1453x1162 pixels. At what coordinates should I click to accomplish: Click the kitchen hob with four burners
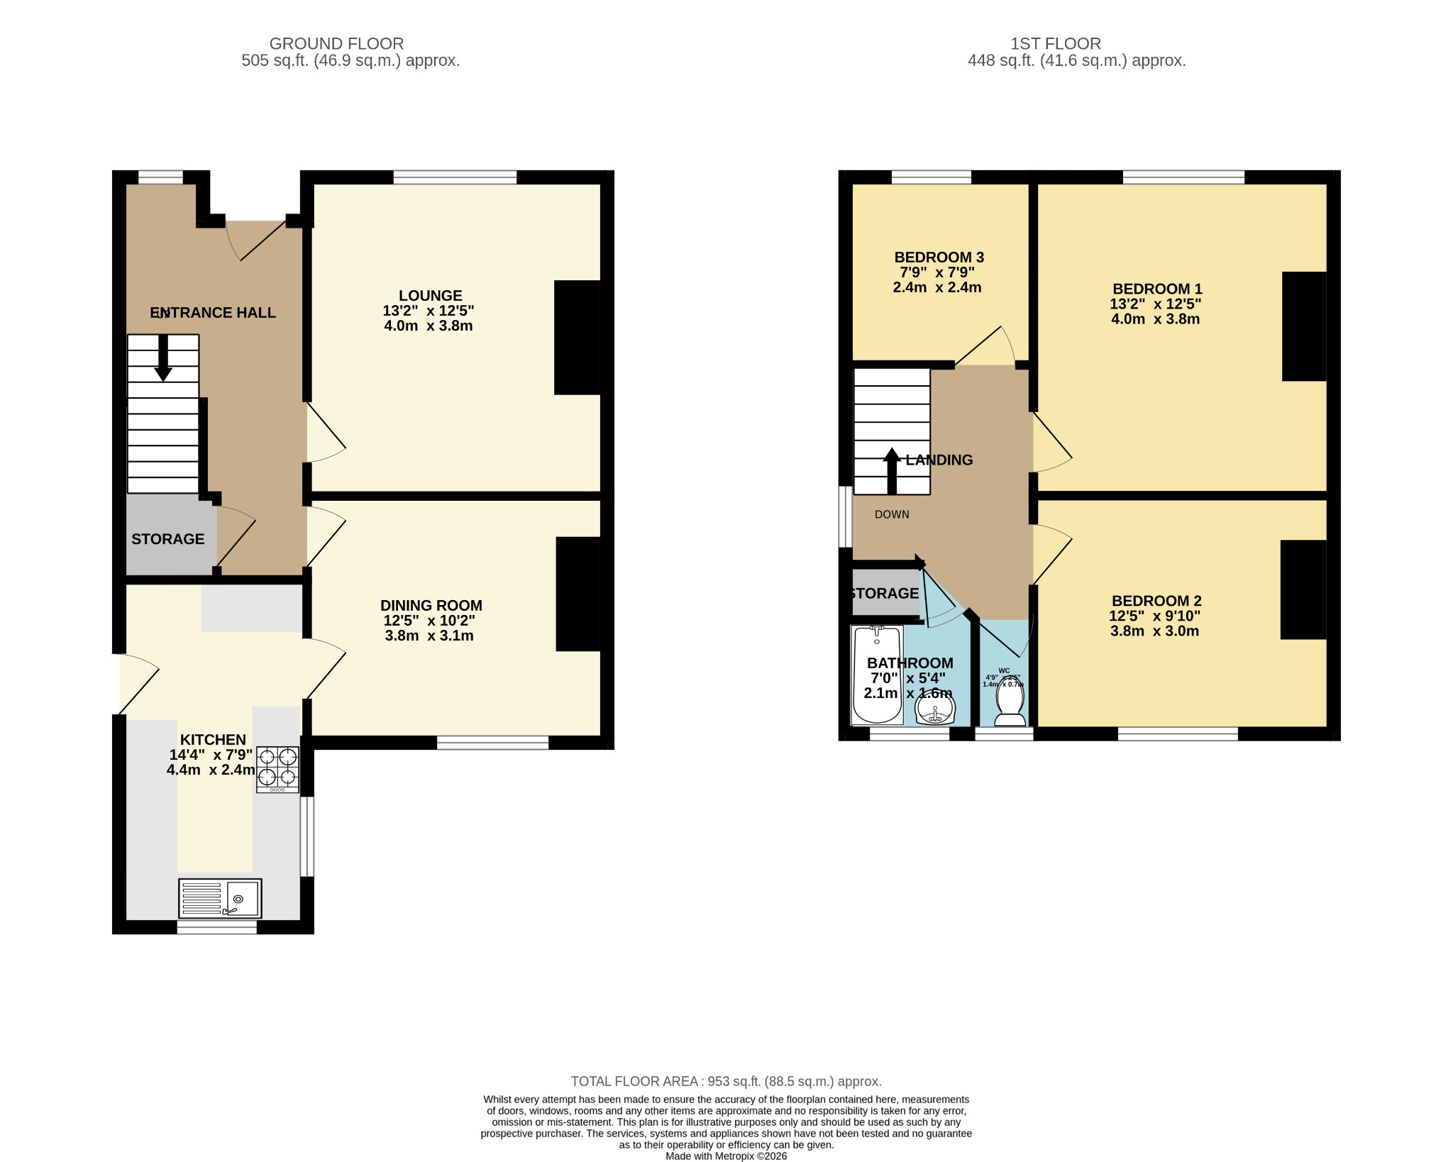pos(277,769)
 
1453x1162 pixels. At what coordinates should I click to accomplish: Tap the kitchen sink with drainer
pos(220,898)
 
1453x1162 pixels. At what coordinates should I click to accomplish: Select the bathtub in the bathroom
pos(877,675)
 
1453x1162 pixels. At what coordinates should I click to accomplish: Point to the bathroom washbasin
pos(936,708)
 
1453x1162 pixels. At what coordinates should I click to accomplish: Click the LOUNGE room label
pos(430,296)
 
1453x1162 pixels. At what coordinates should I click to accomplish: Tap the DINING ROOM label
pos(431,605)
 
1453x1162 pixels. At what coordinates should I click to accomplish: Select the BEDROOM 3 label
pos(939,258)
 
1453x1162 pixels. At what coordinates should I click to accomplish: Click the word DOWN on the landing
pos(892,514)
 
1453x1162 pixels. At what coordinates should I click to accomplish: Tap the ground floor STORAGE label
pos(168,539)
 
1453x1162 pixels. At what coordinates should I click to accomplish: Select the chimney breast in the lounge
pos(578,338)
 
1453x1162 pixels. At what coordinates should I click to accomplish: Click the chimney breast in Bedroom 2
pos(1303,590)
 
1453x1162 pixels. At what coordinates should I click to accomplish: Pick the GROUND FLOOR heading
pos(336,44)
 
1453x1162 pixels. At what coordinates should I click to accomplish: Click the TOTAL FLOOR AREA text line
pos(726,1081)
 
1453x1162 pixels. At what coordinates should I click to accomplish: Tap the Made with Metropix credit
pos(726,1156)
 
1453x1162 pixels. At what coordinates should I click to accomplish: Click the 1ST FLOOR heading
pos(1055,44)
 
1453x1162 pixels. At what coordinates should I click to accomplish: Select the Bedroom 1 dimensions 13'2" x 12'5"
pos(1155,304)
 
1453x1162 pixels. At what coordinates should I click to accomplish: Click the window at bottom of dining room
pos(492,743)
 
